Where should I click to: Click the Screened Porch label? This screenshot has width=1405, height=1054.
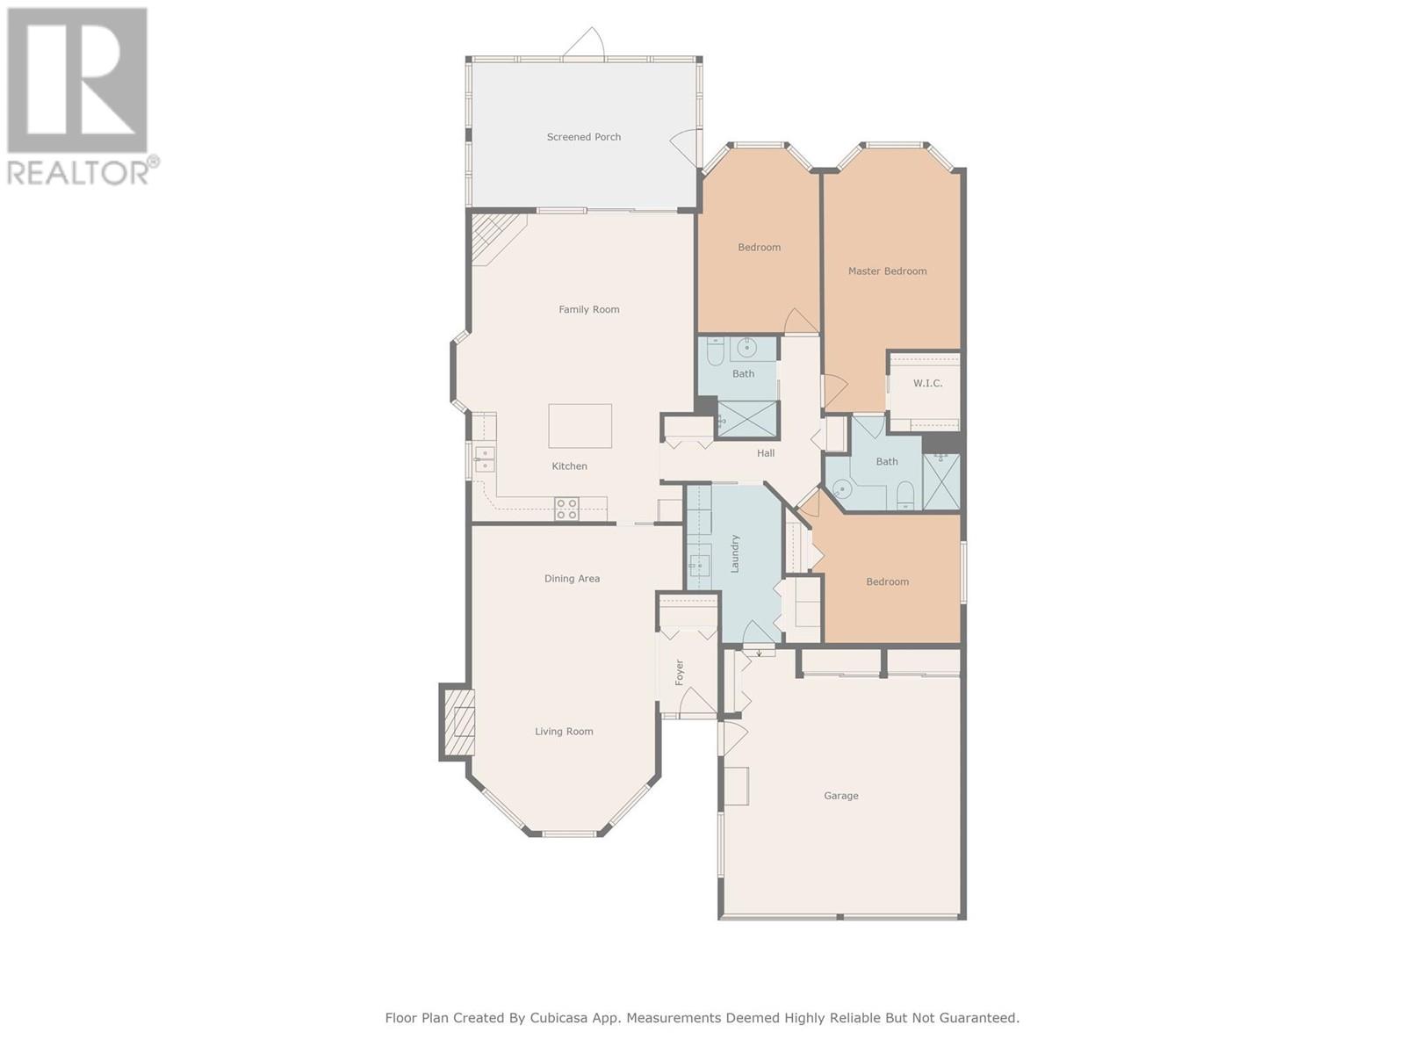[583, 137]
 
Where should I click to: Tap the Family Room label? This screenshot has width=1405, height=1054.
[589, 310]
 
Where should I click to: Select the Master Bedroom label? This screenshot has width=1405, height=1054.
[887, 271]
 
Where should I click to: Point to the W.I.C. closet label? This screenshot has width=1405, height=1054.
[927, 383]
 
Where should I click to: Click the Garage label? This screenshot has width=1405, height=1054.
[841, 796]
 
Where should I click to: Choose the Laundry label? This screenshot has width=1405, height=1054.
[735, 553]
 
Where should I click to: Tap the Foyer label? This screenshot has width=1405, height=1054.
[680, 673]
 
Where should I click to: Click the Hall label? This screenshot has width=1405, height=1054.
[766, 453]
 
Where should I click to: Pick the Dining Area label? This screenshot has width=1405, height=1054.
[572, 579]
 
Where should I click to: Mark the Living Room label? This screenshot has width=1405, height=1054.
[564, 732]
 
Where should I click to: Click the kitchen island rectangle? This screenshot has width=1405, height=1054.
[580, 426]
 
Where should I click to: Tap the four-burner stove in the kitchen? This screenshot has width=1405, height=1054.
[567, 509]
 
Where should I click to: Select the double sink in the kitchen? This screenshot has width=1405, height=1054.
[485, 458]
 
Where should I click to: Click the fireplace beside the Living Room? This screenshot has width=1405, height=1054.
[457, 722]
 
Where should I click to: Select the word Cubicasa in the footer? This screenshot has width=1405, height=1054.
[556, 1017]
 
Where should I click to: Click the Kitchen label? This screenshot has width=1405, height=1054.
[569, 466]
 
